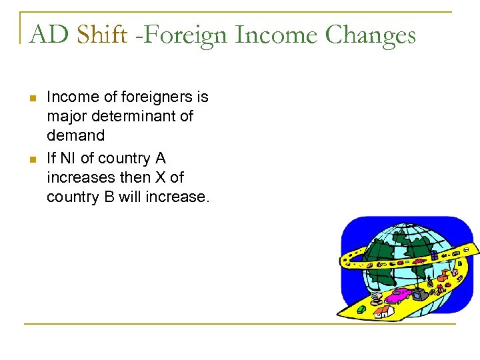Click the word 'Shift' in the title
click(101, 34)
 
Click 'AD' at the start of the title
click(48, 34)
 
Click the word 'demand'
click(75, 135)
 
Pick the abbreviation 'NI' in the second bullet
click(68, 158)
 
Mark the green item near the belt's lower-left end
click(361, 309)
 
